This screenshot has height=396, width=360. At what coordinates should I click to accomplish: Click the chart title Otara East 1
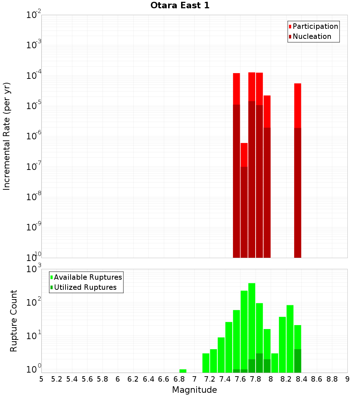(180, 6)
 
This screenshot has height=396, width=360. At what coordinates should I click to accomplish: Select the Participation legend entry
(315, 27)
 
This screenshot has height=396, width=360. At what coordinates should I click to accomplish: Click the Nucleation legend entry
(311, 37)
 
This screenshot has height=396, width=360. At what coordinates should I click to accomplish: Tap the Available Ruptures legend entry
(87, 278)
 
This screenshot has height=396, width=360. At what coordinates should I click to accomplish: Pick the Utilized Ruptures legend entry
(85, 288)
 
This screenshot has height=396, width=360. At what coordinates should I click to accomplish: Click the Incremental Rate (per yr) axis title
(7, 136)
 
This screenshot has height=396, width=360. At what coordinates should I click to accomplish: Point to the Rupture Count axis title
(14, 321)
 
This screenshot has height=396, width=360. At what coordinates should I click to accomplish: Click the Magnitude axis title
(194, 390)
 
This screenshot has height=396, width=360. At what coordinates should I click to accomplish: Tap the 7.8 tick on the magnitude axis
(256, 379)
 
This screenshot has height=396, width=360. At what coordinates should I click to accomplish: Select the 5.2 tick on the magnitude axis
(57, 379)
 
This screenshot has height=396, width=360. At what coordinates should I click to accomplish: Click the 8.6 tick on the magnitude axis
(317, 379)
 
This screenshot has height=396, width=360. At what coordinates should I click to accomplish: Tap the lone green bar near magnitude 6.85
(183, 371)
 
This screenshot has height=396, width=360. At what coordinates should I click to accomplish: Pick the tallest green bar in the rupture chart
(252, 328)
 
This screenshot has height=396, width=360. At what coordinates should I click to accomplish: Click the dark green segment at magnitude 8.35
(298, 361)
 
